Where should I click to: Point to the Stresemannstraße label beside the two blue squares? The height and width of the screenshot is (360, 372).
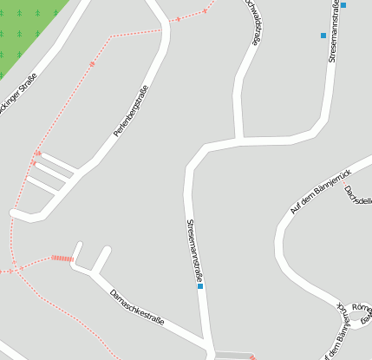334,29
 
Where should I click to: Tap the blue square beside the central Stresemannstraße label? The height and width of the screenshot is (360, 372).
200,286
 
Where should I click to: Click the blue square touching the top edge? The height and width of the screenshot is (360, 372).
343,5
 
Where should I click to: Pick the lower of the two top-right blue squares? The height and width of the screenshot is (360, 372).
323,36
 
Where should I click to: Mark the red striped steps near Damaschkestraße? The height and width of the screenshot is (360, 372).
61,258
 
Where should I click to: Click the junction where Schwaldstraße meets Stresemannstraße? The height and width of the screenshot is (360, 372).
238,139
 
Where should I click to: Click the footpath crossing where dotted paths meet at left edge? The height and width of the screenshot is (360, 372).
14,269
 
